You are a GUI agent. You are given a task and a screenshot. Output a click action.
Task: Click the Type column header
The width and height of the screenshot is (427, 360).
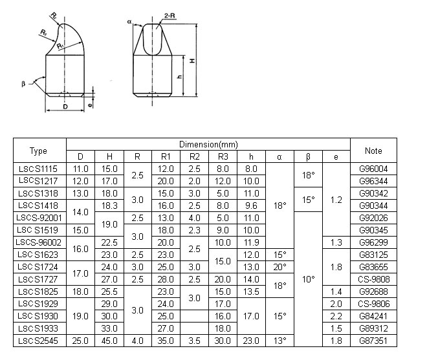coord(39,151)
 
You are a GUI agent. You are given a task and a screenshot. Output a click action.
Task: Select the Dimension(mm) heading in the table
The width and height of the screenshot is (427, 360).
coord(208,143)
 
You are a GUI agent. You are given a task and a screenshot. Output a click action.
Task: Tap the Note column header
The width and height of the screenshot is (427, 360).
coord(374,151)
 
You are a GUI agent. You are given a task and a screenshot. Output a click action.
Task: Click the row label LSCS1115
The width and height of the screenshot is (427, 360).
coord(39,169)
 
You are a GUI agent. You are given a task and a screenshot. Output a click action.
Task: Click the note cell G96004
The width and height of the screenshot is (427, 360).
coord(374,169)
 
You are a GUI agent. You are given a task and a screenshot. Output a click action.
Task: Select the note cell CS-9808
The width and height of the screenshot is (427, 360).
coord(374,279)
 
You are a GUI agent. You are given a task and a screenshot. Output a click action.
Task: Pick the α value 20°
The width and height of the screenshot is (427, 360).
coord(279,266)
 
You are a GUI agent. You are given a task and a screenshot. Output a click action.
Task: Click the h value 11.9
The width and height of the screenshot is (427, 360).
coord(251,242)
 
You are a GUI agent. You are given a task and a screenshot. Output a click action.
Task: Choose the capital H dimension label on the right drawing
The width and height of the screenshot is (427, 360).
coord(193,59)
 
